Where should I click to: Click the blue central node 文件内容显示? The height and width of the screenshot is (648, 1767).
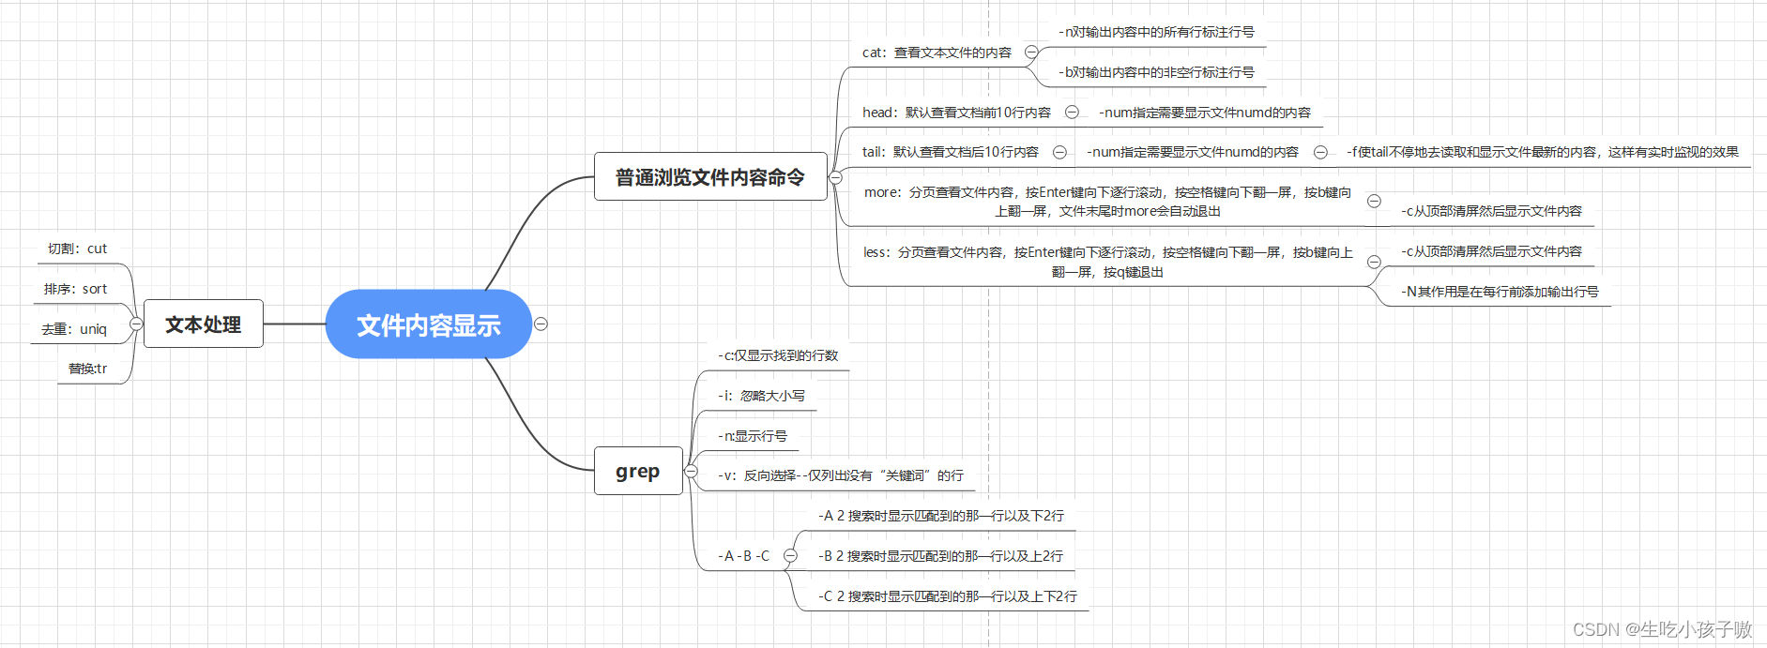point(428,324)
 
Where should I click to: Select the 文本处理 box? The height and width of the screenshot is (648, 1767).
point(203,324)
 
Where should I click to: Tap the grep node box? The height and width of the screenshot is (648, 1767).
point(637,471)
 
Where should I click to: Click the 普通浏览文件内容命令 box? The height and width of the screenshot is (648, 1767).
point(709,176)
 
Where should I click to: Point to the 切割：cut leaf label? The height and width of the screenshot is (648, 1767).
point(77,249)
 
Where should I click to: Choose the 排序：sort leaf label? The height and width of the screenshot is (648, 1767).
point(75,289)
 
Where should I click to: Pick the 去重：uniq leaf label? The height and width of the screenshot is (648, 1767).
point(74,329)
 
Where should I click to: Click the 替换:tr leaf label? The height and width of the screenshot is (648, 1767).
point(87,369)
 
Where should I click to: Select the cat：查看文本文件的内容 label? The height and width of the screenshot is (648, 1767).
point(937,53)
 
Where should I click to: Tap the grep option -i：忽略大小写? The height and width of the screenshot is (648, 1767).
point(761,396)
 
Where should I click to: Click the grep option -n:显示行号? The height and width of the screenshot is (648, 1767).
point(753,436)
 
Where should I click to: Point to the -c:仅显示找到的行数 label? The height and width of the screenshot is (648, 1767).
point(778,355)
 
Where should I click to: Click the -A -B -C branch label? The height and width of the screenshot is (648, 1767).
point(743,556)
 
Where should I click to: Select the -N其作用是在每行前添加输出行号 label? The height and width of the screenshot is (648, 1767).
point(1500,292)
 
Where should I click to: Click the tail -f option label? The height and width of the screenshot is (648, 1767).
point(1542,152)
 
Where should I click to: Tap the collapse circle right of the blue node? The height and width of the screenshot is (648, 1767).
point(541,324)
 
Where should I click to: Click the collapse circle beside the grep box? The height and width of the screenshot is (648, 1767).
point(692,471)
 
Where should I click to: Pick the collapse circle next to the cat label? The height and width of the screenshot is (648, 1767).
point(1031,53)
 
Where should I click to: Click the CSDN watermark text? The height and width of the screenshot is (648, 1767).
point(1662,628)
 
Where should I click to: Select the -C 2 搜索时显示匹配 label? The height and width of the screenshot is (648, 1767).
point(947,596)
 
